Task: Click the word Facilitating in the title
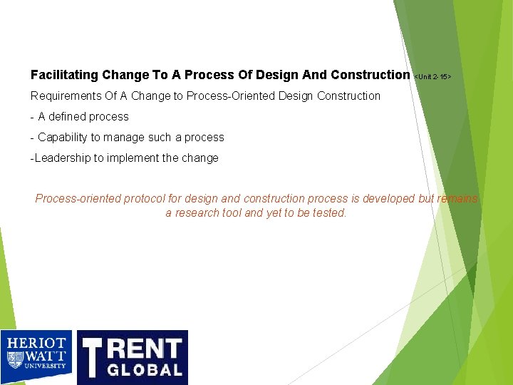(64, 75)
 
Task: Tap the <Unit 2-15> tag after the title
(433, 76)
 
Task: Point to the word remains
(458, 199)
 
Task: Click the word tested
(329, 212)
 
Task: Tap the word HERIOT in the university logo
(36, 344)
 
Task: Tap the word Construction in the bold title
(370, 75)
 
